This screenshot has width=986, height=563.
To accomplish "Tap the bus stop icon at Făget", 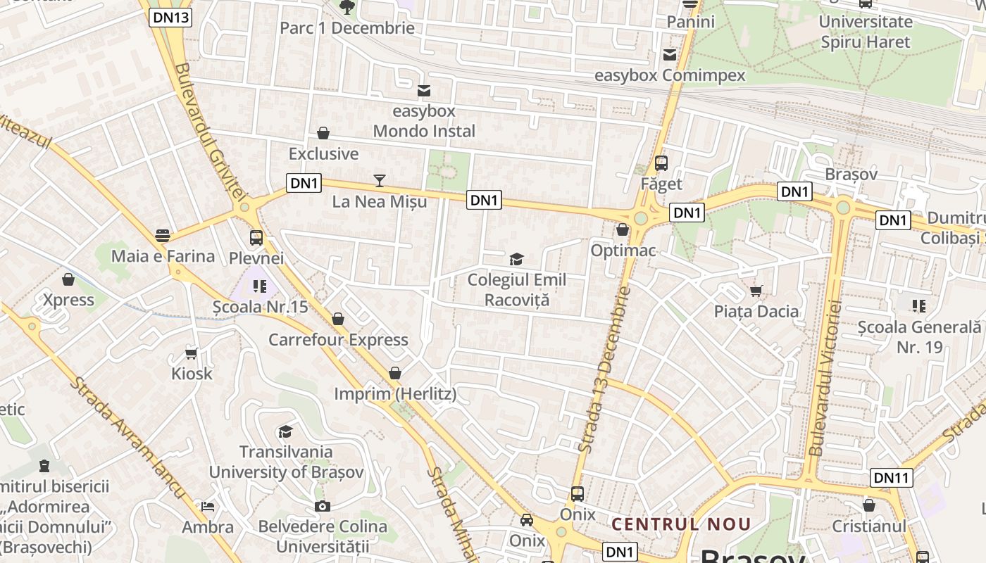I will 661,163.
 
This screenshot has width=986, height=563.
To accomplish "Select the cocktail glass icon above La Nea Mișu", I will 380,181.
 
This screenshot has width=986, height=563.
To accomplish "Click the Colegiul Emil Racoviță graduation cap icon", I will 516,259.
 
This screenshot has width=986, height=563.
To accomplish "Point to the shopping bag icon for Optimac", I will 623,229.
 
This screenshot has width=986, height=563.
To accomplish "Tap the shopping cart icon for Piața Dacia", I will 756,291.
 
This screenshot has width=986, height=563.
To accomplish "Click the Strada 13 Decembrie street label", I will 603,369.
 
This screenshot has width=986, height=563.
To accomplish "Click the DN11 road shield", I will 892,478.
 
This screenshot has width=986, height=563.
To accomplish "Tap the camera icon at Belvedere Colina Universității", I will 323,506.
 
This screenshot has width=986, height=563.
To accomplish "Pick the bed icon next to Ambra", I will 207,506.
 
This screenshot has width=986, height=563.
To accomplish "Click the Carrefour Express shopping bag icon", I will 338,319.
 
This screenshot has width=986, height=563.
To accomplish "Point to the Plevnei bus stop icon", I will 256,238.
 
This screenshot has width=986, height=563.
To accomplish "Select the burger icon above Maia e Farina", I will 163,235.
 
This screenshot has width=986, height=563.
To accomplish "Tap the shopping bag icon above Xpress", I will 68,279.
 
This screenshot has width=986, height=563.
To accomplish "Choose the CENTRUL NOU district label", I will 681,524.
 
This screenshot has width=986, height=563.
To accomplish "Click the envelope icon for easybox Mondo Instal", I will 424,91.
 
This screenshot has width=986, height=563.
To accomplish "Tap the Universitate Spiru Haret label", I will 866,32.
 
